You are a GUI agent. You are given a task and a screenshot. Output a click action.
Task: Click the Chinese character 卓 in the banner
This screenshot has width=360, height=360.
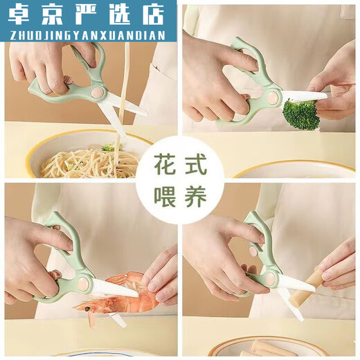pos(19,13)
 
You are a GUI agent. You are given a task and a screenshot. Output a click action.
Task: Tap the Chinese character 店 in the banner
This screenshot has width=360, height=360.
pos(160,13)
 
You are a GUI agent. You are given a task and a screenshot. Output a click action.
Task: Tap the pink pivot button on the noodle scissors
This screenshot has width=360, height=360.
pos(96,91)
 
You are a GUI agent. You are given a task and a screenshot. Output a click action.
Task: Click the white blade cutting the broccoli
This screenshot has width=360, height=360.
pos(305,95)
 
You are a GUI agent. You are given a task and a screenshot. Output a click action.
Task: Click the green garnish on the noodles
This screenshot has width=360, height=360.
pos(108,148)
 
